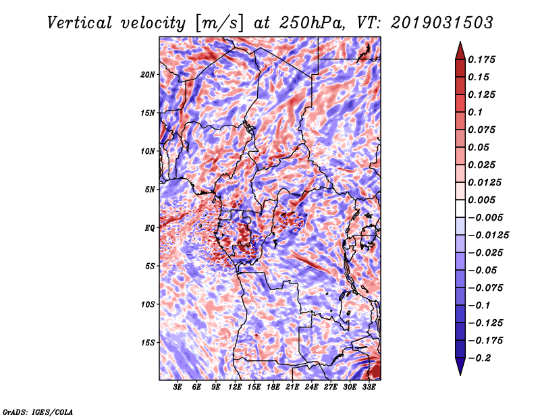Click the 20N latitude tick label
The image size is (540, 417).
coord(147,74)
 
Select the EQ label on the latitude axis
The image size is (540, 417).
coord(149,227)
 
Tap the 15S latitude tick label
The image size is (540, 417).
coord(147,343)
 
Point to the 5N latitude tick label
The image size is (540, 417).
coord(149,190)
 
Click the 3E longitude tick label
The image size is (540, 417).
coord(177,387)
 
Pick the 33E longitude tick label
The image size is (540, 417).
coord(369,387)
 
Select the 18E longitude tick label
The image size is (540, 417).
coord(273,387)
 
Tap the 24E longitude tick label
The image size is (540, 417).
coord(311,387)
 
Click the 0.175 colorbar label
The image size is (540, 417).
coord(481,59)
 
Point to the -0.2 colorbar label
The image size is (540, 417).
coord(479,358)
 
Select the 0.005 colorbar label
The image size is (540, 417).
coord(481,200)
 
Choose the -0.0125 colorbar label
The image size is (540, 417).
coord(488,235)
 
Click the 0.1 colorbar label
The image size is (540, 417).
coord(475,112)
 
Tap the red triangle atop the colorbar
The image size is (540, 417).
coord(460,51)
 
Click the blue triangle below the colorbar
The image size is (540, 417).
coord(460,366)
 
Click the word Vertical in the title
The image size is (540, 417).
coord(80,23)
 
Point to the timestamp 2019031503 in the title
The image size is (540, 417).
coord(442,23)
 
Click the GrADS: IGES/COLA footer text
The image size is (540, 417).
coord(38,412)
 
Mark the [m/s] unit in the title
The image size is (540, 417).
coord(219,24)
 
